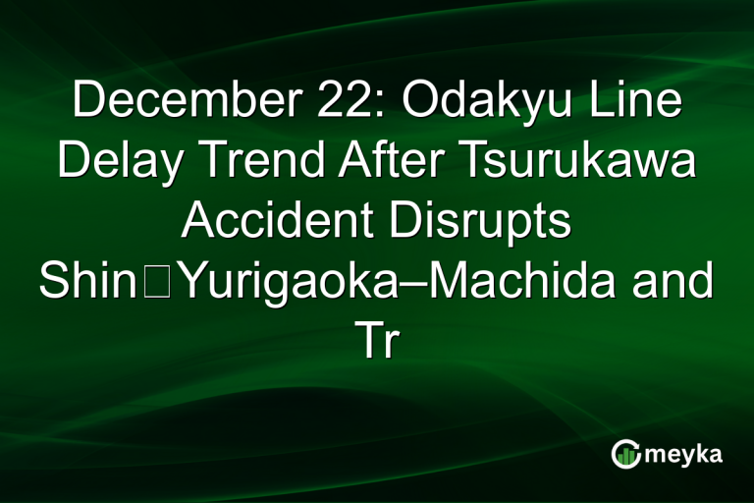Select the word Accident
tap(280, 223)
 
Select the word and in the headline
tap(673, 283)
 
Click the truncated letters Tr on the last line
tap(376, 343)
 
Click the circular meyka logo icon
tap(625, 453)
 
